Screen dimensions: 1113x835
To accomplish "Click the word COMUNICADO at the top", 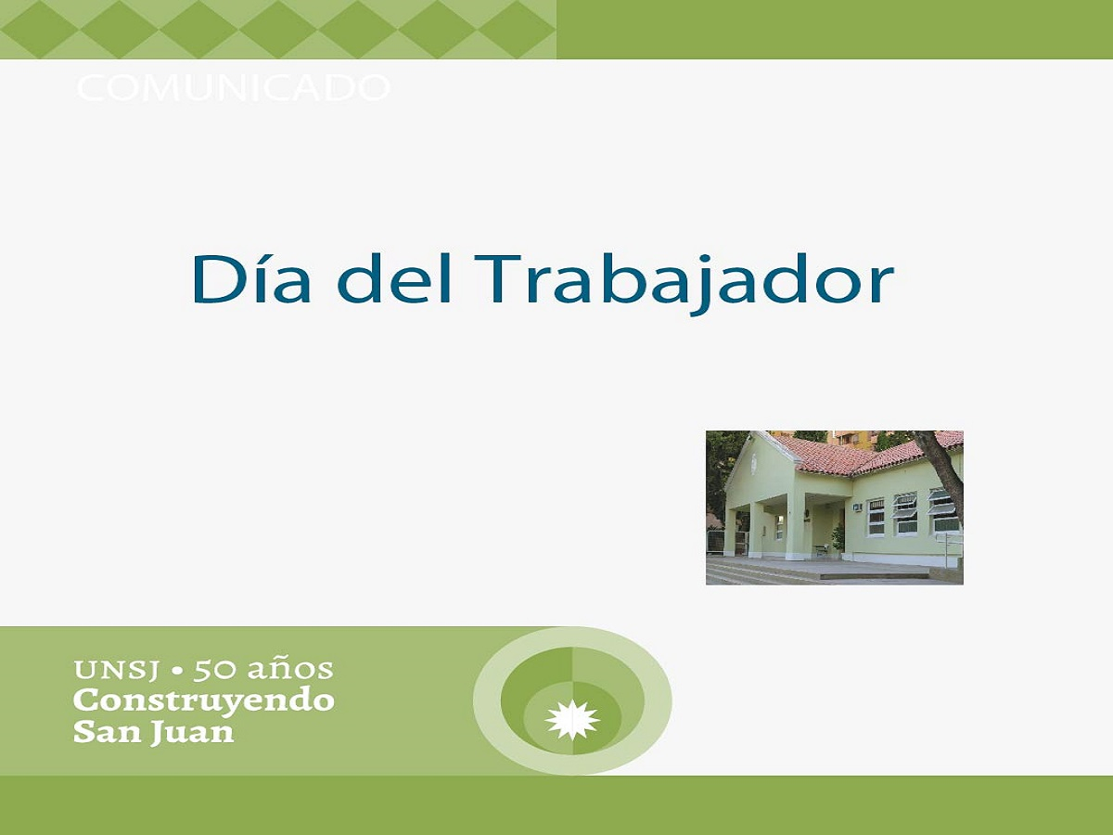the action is [x=233, y=88].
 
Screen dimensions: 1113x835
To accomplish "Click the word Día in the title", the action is [x=251, y=278].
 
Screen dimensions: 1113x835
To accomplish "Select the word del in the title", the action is [x=393, y=278].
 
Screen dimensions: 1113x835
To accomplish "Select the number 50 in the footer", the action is [x=214, y=669].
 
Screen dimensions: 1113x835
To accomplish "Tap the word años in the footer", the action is [x=290, y=669].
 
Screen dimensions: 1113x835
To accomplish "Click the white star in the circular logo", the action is [x=572, y=720].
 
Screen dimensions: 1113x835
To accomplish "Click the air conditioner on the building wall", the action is [x=857, y=507].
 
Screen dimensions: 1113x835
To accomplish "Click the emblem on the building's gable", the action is [x=754, y=465].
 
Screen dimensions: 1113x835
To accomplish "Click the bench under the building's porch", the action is [x=823, y=549].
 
